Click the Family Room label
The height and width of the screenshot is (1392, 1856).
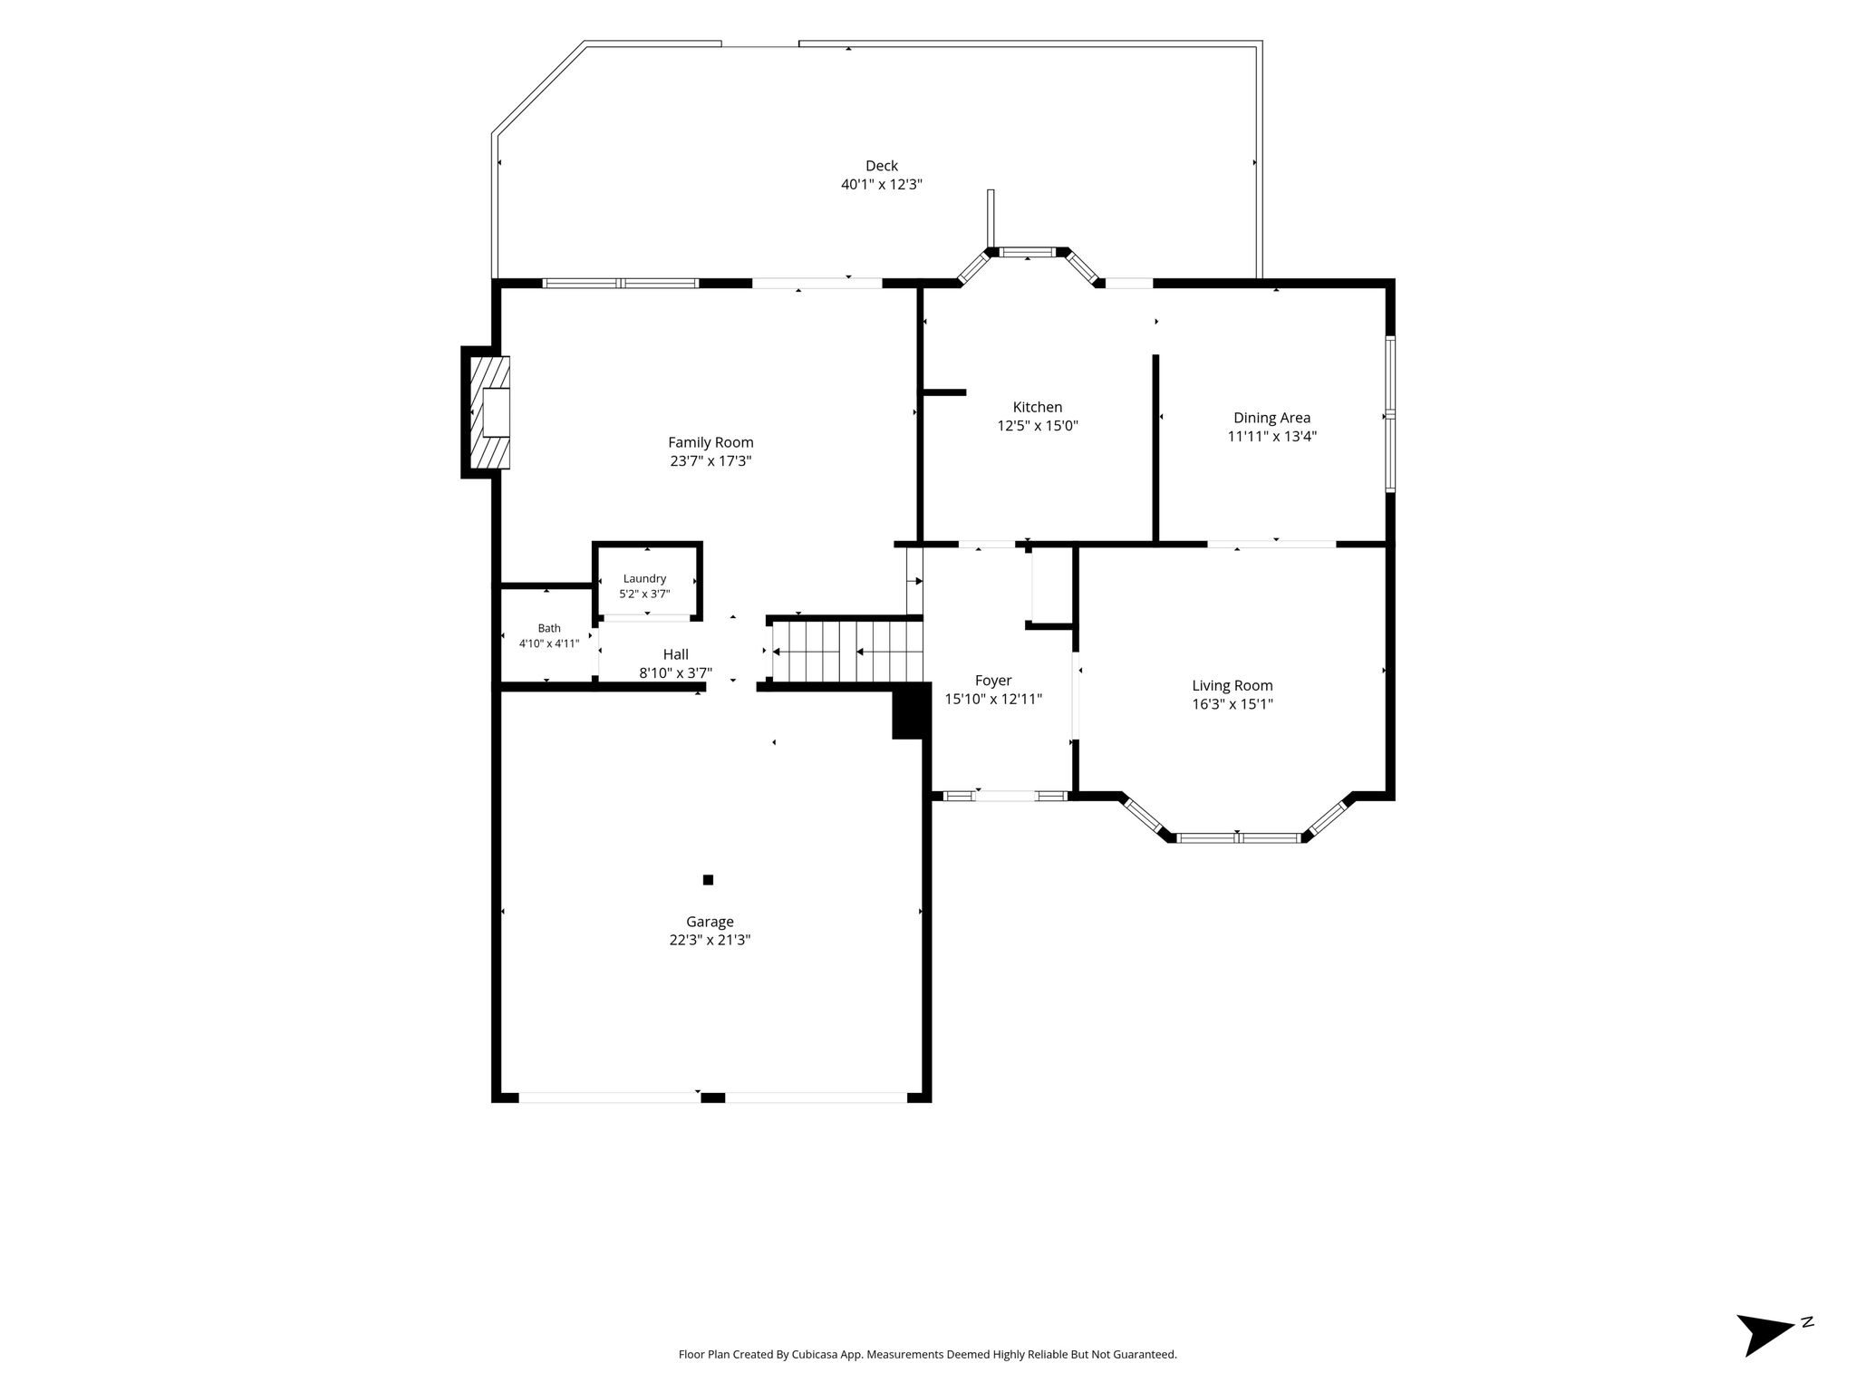tap(710, 442)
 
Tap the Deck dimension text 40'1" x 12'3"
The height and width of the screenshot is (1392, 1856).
tap(881, 184)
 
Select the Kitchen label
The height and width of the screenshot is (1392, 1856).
tap(1038, 407)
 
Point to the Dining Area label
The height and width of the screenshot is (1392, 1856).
tap(1271, 418)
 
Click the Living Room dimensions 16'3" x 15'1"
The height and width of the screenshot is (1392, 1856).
tap(1232, 704)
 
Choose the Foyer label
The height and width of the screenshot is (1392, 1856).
tap(993, 681)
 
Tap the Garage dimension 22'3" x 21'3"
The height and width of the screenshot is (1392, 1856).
tap(710, 940)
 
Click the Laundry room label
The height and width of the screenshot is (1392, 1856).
tap(644, 579)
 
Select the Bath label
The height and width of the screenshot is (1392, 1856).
tap(549, 628)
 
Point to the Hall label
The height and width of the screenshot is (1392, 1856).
tap(675, 654)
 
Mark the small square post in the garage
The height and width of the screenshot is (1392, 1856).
tap(708, 879)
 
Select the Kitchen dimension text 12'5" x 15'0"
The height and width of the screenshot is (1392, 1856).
tap(1038, 426)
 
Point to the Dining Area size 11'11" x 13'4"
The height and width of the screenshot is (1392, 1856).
tap(1271, 436)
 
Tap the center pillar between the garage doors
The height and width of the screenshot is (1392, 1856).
tap(712, 1097)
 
